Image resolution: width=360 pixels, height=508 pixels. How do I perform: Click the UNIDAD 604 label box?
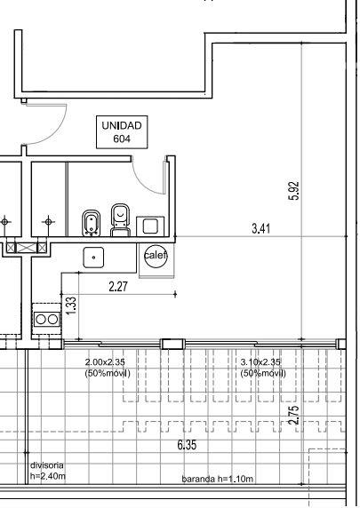[122, 132]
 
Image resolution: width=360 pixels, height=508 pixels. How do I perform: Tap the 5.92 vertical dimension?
[294, 191]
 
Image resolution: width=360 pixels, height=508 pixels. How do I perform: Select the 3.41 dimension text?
[261, 228]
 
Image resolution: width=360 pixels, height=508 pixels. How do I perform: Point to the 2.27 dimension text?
[118, 287]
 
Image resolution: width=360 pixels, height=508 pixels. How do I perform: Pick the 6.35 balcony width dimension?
[187, 445]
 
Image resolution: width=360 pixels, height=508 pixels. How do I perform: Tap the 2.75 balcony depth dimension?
[293, 416]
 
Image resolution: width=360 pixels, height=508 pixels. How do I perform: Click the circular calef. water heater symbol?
[156, 256]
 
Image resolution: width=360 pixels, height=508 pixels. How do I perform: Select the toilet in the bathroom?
[120, 220]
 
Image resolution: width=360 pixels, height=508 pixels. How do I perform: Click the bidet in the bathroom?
[92, 223]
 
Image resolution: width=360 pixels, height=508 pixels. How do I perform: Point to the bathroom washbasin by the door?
[150, 226]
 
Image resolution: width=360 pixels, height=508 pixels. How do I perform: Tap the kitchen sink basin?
[93, 258]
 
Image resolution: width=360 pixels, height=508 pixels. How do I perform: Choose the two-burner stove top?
[47, 320]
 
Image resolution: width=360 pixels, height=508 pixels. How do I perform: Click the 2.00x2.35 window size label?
[108, 368]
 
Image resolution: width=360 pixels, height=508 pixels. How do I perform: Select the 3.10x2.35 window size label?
[263, 368]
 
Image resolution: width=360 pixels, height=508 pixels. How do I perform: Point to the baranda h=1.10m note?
[217, 479]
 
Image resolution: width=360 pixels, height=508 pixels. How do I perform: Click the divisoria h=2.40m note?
[48, 471]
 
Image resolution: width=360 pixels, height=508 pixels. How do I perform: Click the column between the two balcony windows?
[172, 344]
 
